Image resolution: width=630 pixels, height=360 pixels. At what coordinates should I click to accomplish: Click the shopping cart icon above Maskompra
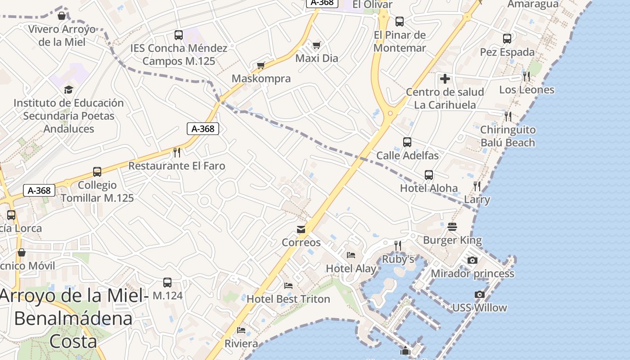click(x=260, y=66)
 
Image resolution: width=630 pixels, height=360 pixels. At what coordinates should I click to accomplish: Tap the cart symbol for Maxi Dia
click(x=317, y=45)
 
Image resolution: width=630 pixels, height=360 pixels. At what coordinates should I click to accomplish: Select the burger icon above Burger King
click(x=452, y=226)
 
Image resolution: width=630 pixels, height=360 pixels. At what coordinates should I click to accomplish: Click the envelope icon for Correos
click(x=301, y=230)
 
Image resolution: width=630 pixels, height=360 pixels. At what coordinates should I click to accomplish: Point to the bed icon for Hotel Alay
click(x=351, y=255)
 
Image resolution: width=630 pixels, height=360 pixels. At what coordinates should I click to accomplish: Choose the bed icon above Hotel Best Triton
click(x=288, y=286)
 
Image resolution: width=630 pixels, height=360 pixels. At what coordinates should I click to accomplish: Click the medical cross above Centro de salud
click(x=445, y=79)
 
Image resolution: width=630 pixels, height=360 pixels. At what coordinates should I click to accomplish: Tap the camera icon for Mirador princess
click(x=472, y=260)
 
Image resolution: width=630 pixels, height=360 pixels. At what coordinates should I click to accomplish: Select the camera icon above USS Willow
click(x=480, y=295)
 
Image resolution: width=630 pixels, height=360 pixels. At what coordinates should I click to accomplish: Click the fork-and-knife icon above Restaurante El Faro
click(x=177, y=152)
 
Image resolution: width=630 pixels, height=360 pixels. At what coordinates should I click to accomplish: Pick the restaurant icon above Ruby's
click(x=398, y=245)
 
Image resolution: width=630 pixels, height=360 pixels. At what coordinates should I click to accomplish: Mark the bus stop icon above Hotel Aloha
click(x=429, y=175)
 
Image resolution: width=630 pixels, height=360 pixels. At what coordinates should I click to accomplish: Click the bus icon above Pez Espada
click(x=507, y=39)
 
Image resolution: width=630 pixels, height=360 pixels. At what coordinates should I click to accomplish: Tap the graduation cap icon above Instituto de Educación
click(x=68, y=90)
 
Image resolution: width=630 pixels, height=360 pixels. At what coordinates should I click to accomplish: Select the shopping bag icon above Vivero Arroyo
click(x=62, y=16)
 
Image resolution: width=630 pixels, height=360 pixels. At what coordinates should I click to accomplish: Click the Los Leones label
click(x=526, y=90)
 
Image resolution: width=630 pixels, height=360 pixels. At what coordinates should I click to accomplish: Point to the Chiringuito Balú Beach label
click(x=508, y=136)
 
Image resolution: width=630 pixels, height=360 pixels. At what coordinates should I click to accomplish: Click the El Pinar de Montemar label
click(x=400, y=41)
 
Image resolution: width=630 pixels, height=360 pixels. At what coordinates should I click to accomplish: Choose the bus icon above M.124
click(x=167, y=282)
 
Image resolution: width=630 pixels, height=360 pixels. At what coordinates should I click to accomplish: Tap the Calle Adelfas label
click(x=407, y=156)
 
